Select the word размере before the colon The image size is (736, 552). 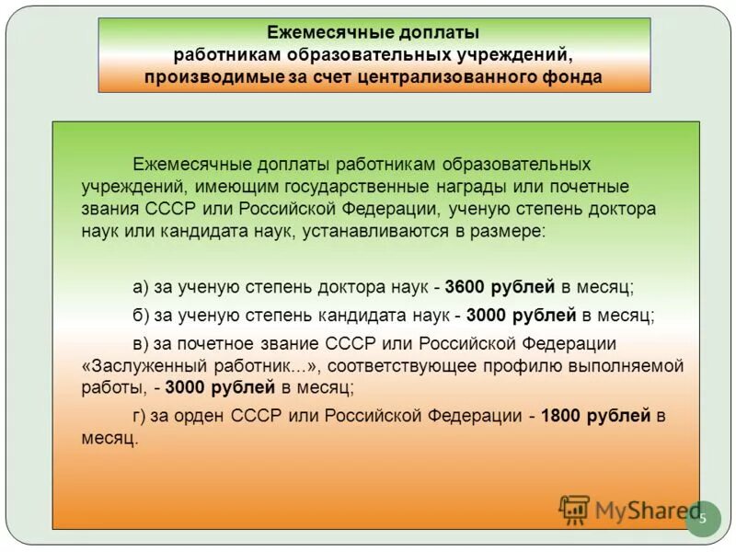click(510, 231)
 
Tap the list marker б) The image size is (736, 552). click(141, 315)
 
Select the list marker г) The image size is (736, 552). click(140, 416)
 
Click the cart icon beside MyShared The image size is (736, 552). click(574, 509)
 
